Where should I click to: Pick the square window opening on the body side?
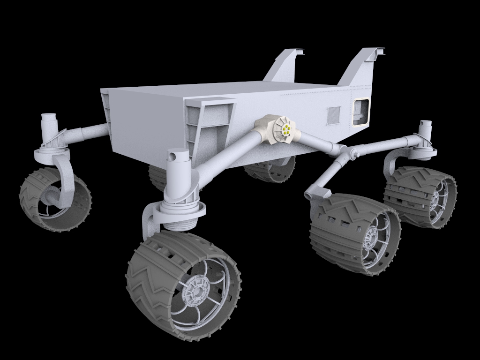click(x=361, y=112)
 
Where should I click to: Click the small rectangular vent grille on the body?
click(x=333, y=115)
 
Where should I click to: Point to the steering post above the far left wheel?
click(x=49, y=126)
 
